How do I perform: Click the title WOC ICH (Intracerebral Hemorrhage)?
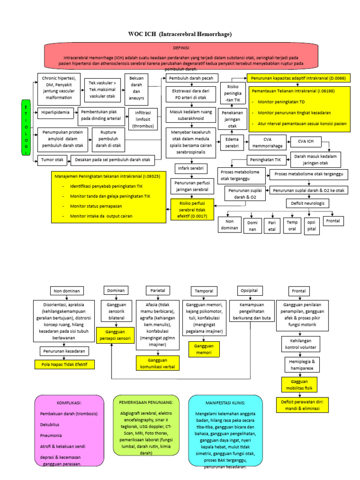coord(180,34)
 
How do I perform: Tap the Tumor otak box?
coord(52,160)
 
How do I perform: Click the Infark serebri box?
coord(189,167)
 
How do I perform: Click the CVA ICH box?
coord(303,141)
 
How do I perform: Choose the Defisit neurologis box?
coord(307,203)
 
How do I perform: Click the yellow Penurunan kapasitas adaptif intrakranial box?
coord(298,78)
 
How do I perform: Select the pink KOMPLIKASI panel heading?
coord(69,403)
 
